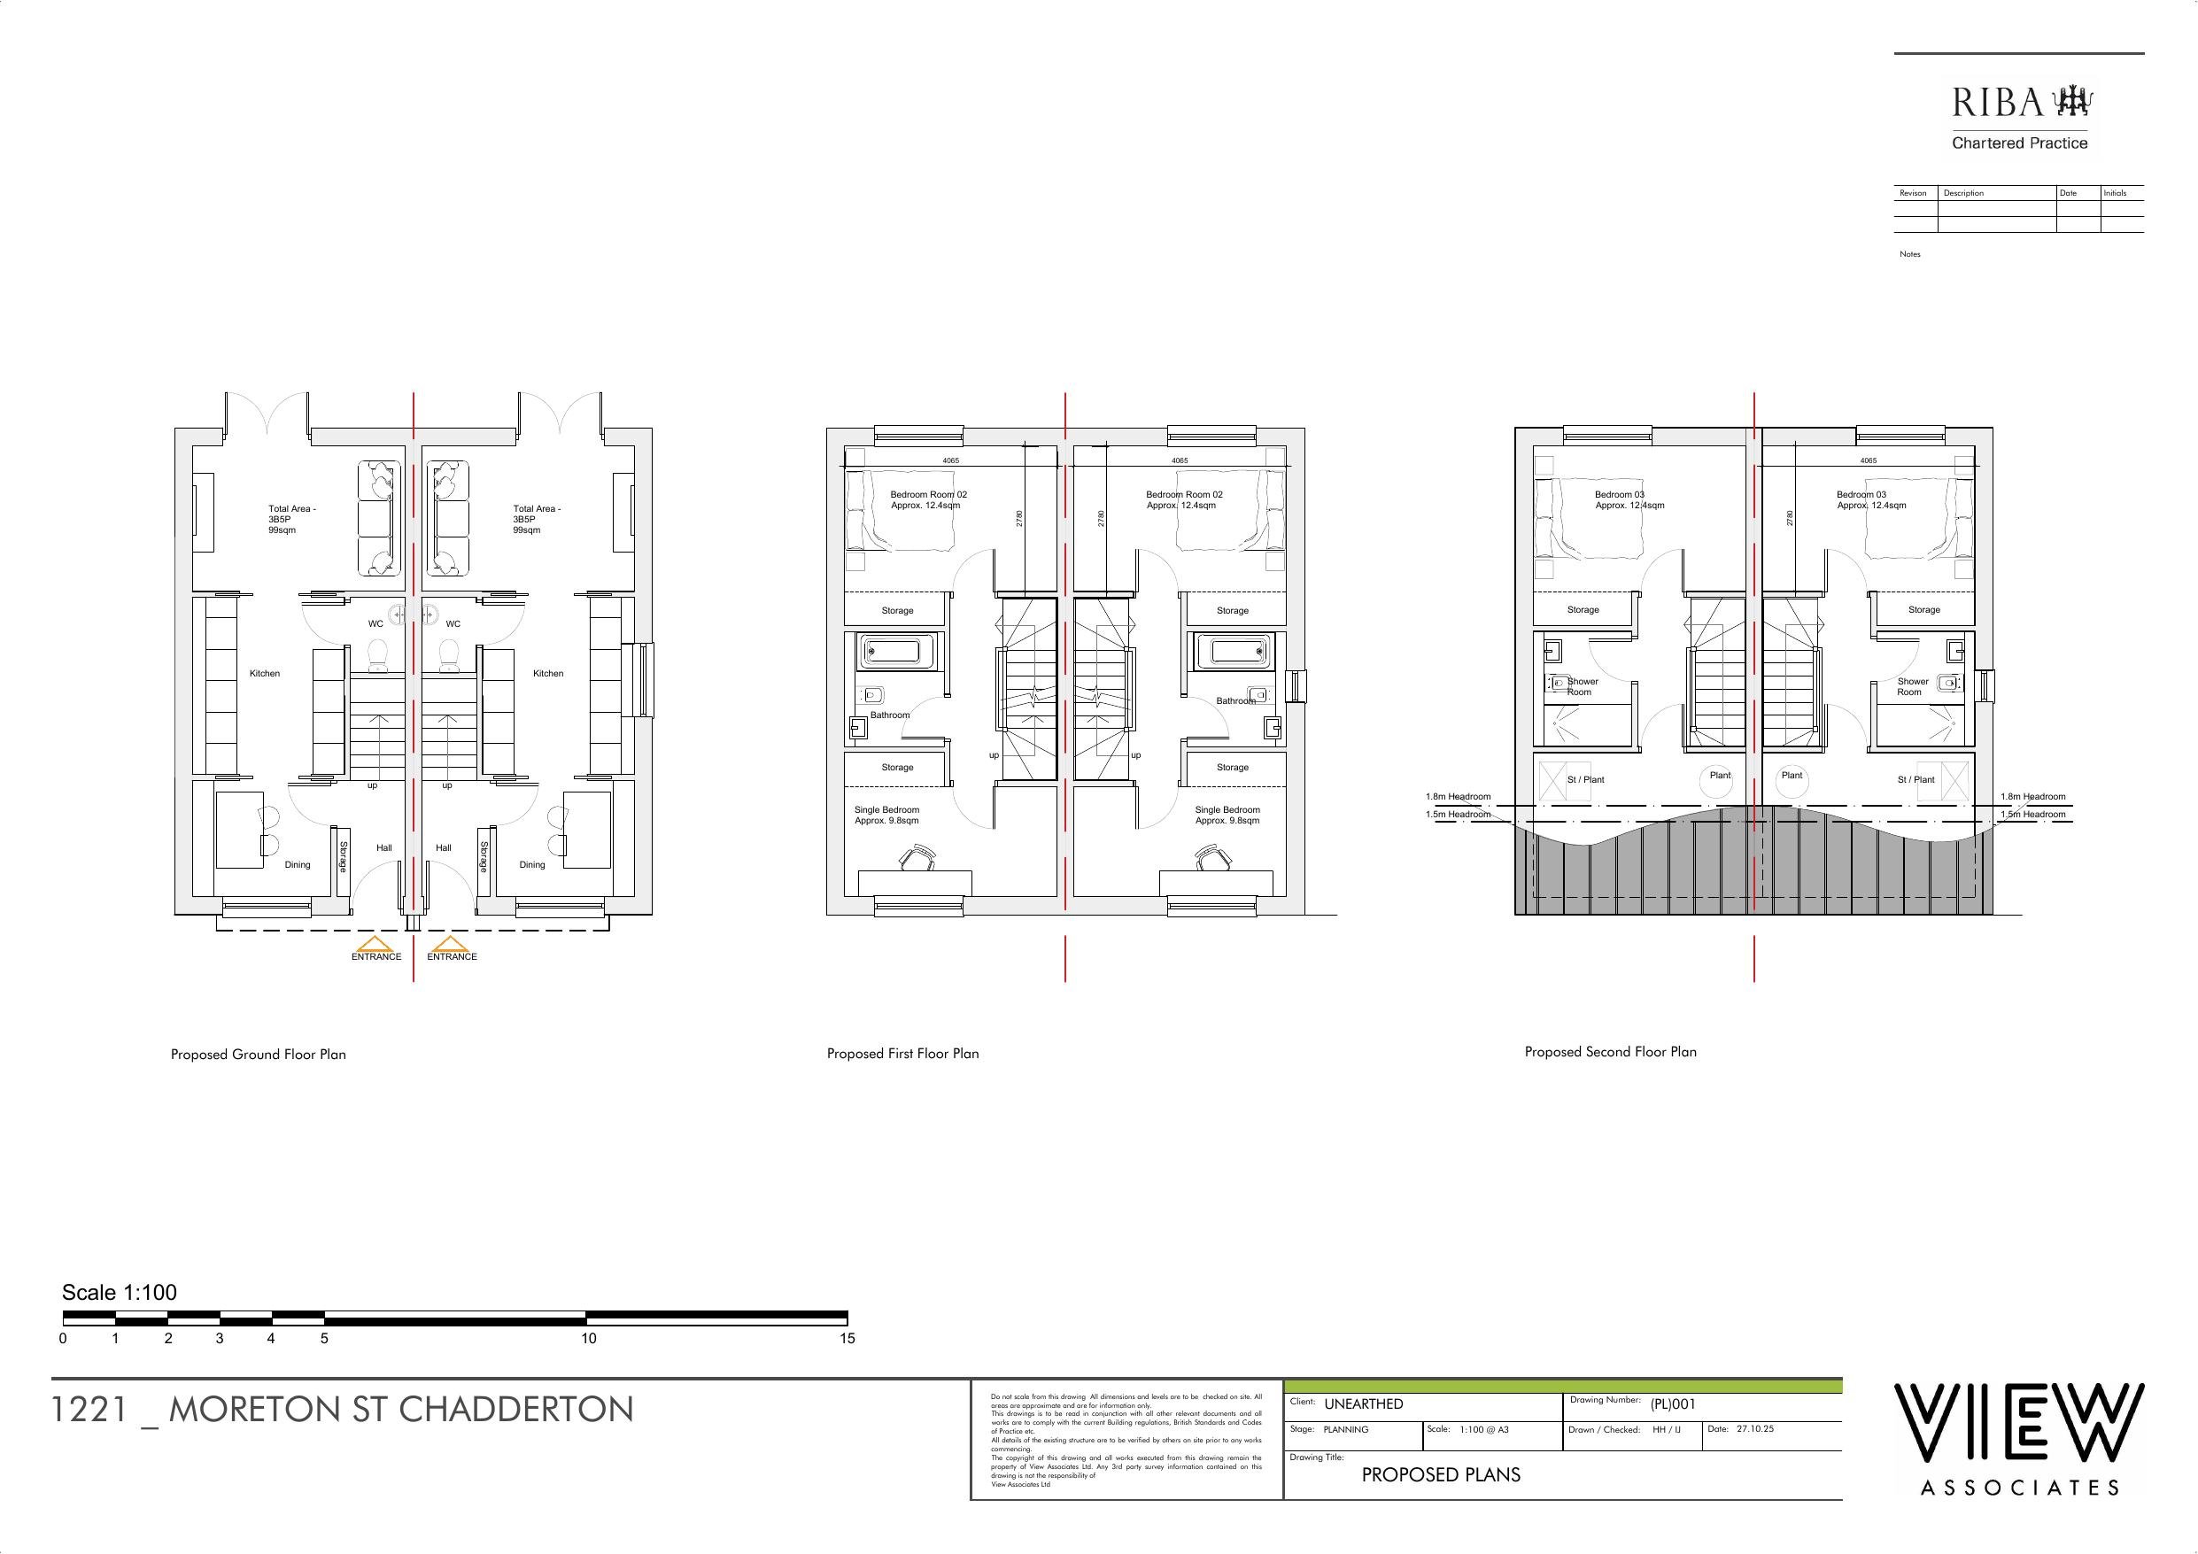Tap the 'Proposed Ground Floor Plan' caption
coord(259,1055)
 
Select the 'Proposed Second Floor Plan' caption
coord(1610,1051)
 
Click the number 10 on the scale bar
coord(588,1339)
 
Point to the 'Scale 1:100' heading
coord(120,1293)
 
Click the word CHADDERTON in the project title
coord(516,1410)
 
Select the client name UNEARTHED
coord(1363,1403)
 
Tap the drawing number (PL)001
coord(1673,1404)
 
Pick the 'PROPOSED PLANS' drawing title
coord(1441,1474)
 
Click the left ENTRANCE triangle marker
coord(376,944)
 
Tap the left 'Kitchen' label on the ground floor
coord(265,673)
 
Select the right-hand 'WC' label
coord(453,624)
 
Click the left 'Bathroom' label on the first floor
coord(890,715)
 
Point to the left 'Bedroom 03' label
coord(1620,495)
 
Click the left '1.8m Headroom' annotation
coord(1458,797)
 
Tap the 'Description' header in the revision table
coord(1963,193)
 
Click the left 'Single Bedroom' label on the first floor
coord(886,810)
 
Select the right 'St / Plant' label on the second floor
coord(1916,779)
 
